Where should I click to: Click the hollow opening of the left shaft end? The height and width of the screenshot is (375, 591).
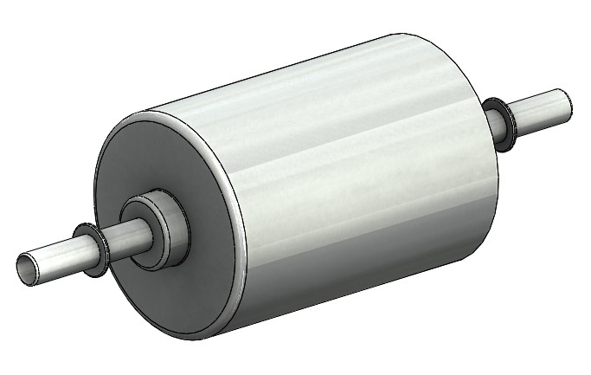coord(29,268)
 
